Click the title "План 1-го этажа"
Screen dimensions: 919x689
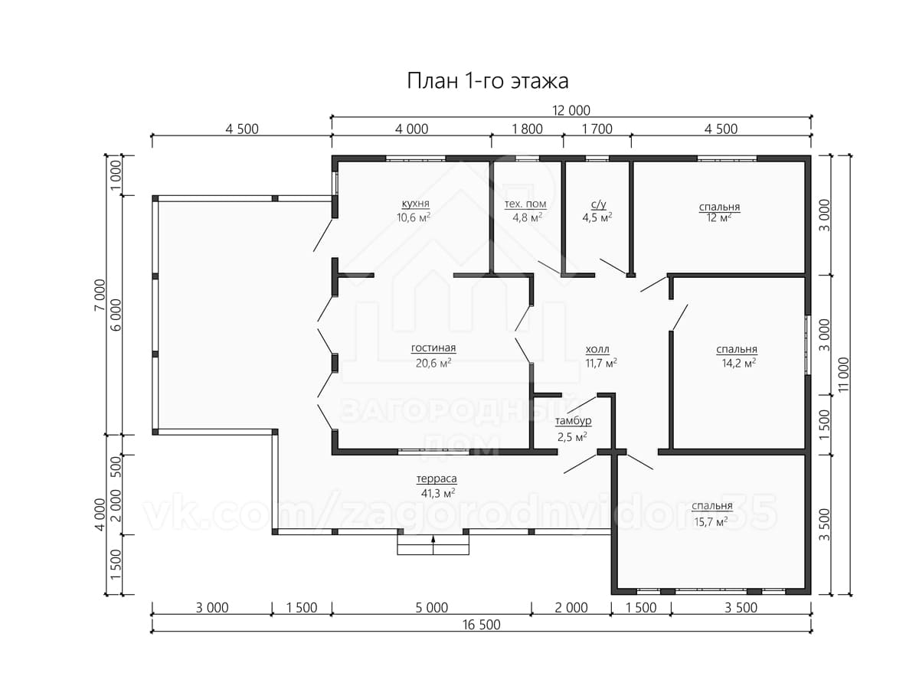click(487, 81)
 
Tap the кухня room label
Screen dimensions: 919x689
click(415, 204)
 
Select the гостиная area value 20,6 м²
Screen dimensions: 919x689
click(433, 363)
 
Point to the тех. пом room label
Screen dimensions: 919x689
click(525, 204)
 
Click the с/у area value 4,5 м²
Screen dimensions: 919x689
click(597, 217)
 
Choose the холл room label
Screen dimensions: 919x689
click(597, 349)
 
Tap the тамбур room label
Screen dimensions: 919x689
click(573, 421)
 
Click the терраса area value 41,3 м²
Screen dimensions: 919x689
click(438, 493)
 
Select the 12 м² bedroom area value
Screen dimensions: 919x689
click(719, 217)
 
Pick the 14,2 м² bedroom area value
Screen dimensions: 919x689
click(738, 363)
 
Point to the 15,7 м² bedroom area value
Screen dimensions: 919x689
click(711, 521)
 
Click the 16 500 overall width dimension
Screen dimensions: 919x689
click(481, 625)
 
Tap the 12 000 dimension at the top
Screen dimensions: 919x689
click(571, 110)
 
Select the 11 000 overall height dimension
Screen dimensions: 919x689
click(844, 374)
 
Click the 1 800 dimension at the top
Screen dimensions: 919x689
click(527, 129)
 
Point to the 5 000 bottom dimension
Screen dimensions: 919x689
click(432, 607)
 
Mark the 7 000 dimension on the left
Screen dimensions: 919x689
click(100, 295)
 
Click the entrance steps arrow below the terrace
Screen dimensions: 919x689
click(433, 544)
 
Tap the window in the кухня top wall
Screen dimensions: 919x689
click(415, 158)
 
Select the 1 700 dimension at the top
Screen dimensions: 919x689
click(597, 129)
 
